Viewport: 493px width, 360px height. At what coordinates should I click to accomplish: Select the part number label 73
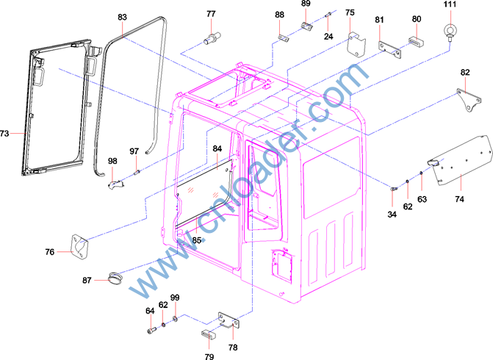[x=4, y=134]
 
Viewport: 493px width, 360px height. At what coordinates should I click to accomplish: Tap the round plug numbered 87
[x=115, y=279]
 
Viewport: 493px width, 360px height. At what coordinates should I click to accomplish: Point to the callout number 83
[x=122, y=17]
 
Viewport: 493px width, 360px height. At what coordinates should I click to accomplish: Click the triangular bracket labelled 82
[x=469, y=100]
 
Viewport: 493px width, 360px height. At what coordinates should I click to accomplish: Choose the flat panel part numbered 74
[x=460, y=159]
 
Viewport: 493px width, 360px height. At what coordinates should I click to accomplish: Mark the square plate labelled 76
[x=80, y=248]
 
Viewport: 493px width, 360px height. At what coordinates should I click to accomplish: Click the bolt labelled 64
[x=151, y=330]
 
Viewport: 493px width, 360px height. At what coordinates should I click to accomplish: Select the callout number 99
[x=175, y=298]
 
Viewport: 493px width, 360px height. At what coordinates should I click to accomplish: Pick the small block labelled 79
[x=209, y=334]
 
